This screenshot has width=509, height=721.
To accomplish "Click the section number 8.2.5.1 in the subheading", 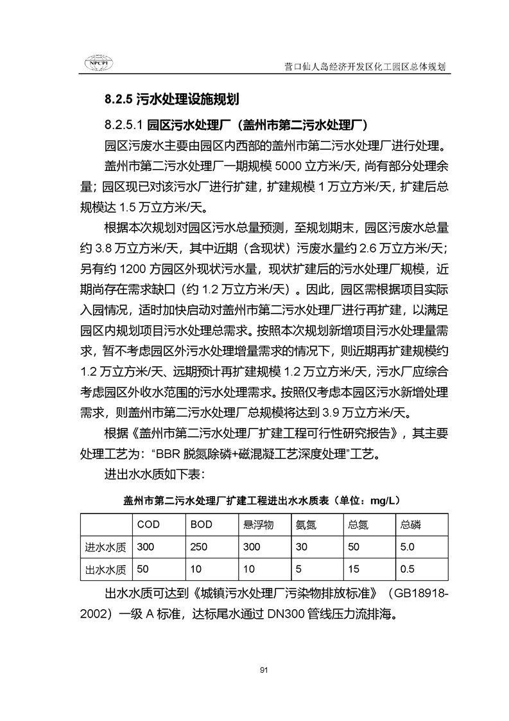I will pyautogui.click(x=125, y=123).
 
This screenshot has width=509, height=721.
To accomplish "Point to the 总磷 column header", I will pyautogui.click(x=411, y=525).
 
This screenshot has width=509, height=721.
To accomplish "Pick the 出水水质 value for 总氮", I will pyautogui.click(x=352, y=569).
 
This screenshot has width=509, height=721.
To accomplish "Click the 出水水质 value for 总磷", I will pyautogui.click(x=407, y=569).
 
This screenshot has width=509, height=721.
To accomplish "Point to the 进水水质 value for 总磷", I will pyautogui.click(x=407, y=547).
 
